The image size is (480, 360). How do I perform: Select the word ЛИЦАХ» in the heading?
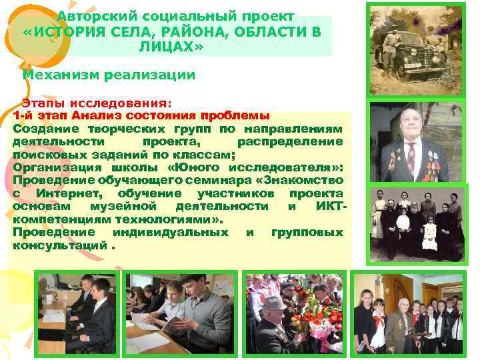(168, 48)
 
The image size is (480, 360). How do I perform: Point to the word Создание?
(41, 127)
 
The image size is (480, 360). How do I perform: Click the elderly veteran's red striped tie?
(411, 155)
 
